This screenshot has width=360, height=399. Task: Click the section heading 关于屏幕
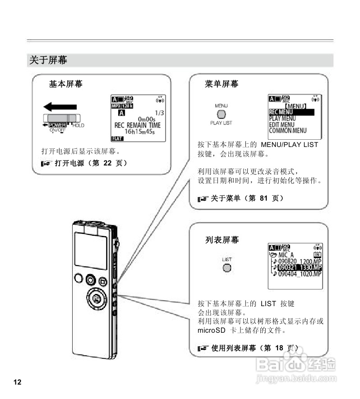(x=48, y=60)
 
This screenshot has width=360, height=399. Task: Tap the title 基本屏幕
(x=65, y=84)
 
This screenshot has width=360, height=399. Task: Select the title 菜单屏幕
(x=222, y=84)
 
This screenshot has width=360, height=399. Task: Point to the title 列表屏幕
(x=222, y=240)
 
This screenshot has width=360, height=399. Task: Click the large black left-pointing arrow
(x=60, y=108)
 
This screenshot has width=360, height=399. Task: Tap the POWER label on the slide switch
(x=57, y=125)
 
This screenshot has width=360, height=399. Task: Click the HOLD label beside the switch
(x=78, y=125)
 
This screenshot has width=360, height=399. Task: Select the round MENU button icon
(x=221, y=115)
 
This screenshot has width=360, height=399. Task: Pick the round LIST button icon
(x=227, y=268)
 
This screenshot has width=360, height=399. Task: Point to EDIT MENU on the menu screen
(x=282, y=124)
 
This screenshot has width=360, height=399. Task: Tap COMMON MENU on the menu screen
(x=287, y=131)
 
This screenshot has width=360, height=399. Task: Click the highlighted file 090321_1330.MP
(x=299, y=267)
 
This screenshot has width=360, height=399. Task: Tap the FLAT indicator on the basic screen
(x=117, y=138)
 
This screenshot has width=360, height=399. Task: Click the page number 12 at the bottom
(x=18, y=382)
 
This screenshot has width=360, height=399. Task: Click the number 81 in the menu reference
(x=264, y=198)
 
